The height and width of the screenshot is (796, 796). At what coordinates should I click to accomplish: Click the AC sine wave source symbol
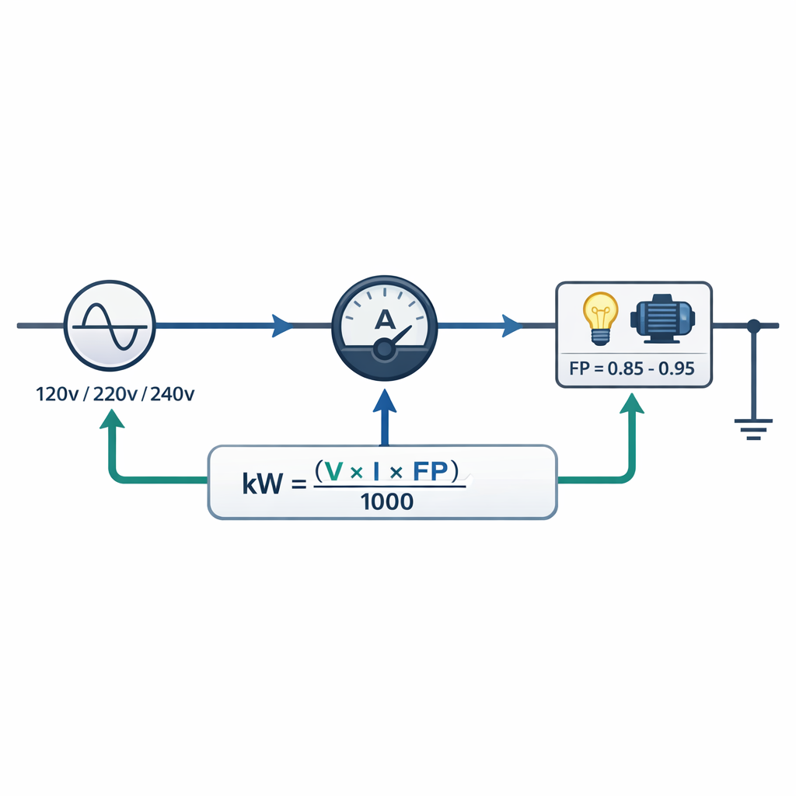click(110, 325)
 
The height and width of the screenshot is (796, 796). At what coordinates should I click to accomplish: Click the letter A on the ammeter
click(384, 318)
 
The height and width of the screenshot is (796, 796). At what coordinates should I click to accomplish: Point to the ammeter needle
click(396, 341)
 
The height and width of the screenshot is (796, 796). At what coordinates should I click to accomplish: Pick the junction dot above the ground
click(753, 325)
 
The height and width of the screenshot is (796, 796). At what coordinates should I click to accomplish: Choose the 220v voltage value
click(115, 394)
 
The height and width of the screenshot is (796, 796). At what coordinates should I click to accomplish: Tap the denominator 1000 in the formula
click(387, 502)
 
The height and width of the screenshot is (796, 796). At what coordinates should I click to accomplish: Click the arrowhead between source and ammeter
click(282, 325)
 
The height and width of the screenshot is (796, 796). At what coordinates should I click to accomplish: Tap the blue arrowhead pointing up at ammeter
click(384, 402)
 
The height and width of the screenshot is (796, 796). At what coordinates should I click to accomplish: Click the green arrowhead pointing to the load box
click(634, 403)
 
